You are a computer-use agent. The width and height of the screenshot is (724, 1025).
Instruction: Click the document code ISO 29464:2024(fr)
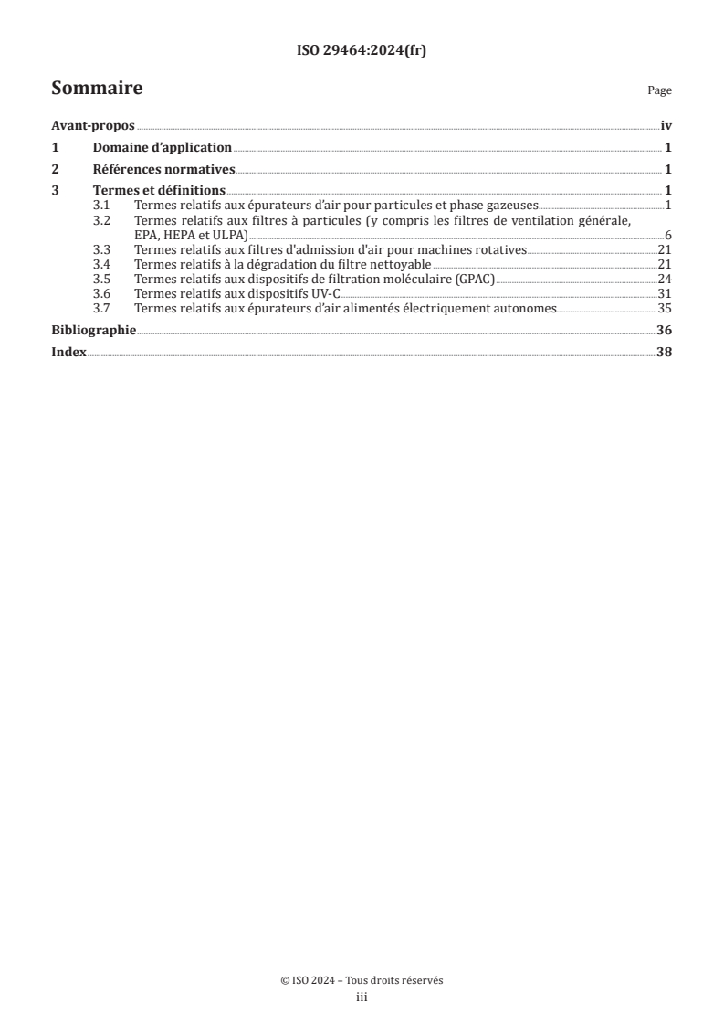362,51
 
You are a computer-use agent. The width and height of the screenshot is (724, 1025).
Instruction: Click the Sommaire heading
97,89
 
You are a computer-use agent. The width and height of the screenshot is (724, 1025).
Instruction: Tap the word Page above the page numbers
659,90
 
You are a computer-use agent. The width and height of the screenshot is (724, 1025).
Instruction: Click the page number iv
666,128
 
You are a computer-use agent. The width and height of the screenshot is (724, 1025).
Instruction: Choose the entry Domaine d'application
163,148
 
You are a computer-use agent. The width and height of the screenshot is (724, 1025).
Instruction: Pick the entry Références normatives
164,169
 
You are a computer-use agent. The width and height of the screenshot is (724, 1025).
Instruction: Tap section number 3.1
103,206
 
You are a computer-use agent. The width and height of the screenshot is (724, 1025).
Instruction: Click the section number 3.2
103,221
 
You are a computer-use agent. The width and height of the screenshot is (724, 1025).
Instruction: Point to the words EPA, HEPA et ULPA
191,235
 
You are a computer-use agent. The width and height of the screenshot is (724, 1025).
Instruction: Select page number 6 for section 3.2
668,236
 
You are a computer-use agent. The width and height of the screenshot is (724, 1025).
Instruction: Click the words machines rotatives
481,249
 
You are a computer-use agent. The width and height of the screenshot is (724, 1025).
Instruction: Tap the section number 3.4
103,264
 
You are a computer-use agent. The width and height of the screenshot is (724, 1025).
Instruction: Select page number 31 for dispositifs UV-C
665,293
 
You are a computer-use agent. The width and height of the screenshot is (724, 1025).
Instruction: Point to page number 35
665,308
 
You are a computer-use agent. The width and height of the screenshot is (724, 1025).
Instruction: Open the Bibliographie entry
94,330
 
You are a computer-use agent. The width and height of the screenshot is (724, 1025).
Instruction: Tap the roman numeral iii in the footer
362,998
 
